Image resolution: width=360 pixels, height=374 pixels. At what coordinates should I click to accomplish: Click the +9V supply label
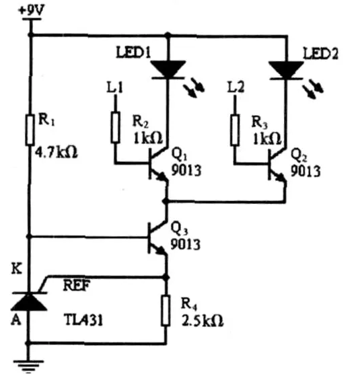(32, 11)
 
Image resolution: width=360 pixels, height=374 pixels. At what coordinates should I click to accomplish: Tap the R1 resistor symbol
(30, 130)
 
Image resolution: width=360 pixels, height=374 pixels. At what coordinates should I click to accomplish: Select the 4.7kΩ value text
(57, 152)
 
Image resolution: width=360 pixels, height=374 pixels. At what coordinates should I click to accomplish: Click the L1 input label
(115, 87)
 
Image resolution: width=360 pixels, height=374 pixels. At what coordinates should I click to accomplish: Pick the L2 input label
(236, 87)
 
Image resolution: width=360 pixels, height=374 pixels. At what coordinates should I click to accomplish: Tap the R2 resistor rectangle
(116, 128)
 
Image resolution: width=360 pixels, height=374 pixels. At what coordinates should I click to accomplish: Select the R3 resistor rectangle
(235, 130)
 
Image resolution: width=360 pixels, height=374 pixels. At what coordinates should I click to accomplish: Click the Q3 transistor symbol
(156, 237)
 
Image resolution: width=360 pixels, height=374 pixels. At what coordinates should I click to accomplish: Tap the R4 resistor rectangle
(166, 311)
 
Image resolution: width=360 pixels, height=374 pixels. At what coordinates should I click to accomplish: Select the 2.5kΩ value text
(203, 321)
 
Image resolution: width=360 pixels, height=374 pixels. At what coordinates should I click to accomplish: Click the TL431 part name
(83, 320)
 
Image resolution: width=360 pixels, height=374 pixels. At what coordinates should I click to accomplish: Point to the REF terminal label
(76, 285)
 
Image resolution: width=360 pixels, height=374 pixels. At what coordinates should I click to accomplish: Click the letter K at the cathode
(17, 269)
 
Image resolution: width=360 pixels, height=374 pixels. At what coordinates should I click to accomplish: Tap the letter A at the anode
(16, 320)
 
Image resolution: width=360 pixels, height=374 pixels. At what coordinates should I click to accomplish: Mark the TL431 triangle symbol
(29, 302)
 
